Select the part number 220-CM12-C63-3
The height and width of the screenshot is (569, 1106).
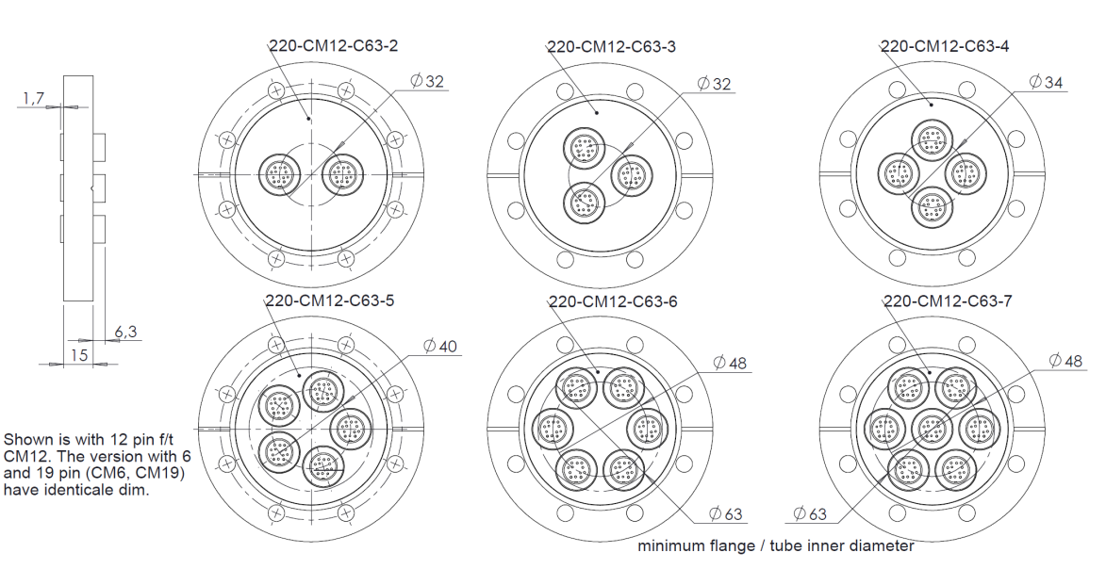click(x=611, y=45)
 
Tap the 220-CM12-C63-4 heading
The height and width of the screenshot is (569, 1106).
click(x=945, y=45)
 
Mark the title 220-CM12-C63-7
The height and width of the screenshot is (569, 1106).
click(x=948, y=301)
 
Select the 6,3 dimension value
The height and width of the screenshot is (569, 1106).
click(x=125, y=332)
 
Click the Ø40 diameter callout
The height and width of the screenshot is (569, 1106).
click(x=439, y=346)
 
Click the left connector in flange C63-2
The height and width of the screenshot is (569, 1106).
click(x=279, y=173)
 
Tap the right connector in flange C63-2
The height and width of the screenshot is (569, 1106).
click(x=341, y=173)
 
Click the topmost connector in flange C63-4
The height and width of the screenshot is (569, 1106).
click(x=932, y=141)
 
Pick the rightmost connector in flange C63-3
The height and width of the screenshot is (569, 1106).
click(x=630, y=174)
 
